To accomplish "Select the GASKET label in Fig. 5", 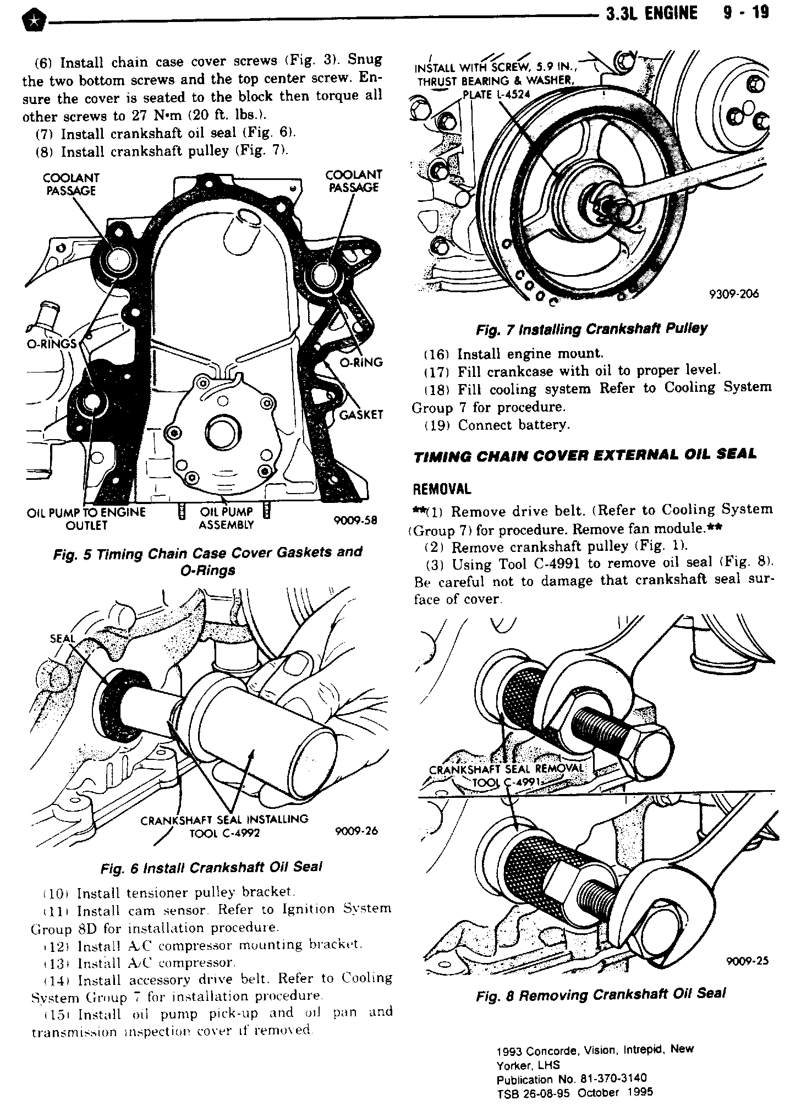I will tap(361, 414).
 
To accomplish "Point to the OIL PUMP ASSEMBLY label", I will tap(226, 518).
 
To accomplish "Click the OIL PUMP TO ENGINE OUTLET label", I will tap(86, 518).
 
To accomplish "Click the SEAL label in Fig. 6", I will tap(61, 638).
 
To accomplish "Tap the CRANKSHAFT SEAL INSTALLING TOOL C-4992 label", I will tap(224, 825).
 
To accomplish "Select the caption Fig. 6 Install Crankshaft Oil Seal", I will tap(211, 867).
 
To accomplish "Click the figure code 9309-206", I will tap(734, 294).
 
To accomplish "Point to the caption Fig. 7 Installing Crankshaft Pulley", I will tap(591, 329).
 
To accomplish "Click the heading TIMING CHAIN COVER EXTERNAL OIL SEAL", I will tap(585, 455).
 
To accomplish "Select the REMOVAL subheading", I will tap(442, 489).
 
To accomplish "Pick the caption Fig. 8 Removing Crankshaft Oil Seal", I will tap(601, 994).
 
